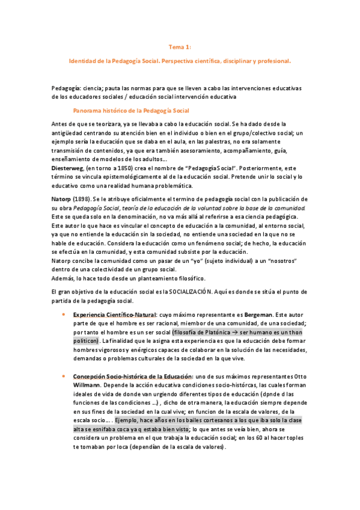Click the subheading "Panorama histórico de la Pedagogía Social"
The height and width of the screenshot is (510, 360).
click(131, 111)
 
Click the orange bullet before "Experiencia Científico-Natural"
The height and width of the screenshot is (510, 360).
click(64, 315)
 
